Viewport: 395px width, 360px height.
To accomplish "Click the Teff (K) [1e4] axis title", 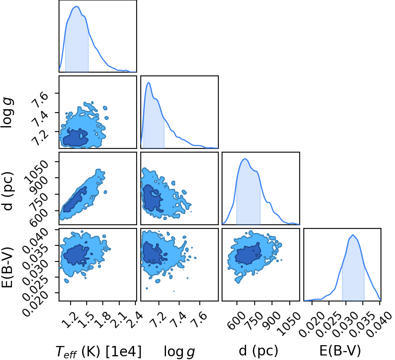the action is (x=99, y=351).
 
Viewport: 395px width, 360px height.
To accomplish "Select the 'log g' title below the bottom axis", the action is (x=180, y=351).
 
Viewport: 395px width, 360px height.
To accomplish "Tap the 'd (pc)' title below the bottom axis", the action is (x=258, y=351).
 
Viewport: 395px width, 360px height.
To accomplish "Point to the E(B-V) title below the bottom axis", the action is (x=340, y=351).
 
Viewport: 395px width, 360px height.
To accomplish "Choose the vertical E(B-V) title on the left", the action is (x=7, y=267).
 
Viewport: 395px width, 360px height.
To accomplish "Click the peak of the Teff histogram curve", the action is (x=77, y=7).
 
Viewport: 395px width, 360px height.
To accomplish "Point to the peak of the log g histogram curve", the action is (x=149, y=82).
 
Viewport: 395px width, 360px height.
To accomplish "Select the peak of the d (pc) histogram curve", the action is (x=245, y=159).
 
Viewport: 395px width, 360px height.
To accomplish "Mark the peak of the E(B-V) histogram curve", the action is (x=353, y=235).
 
